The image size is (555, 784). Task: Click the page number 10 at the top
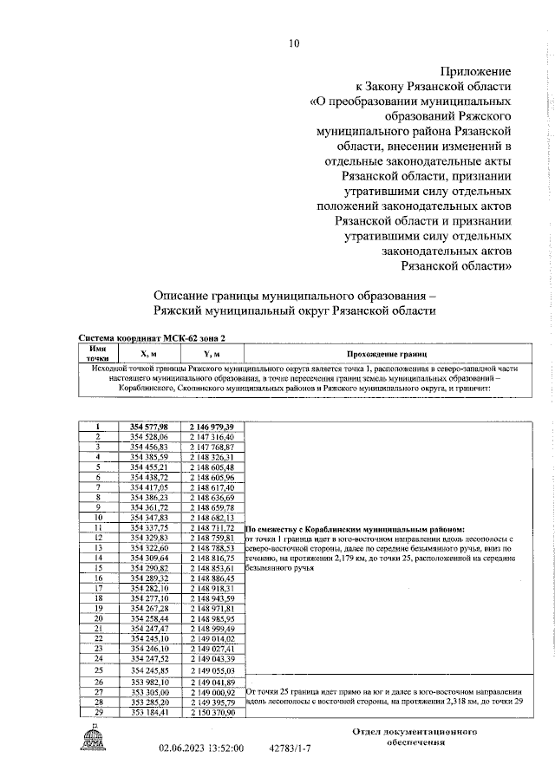pos(293,42)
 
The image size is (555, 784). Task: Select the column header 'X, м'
pos(149,354)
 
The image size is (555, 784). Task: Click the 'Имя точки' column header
pos(98,353)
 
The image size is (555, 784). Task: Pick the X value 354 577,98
pos(149,427)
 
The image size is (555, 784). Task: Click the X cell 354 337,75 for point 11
pos(149,527)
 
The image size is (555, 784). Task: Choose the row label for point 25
pos(99,670)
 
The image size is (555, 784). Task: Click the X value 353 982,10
pos(149,682)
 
